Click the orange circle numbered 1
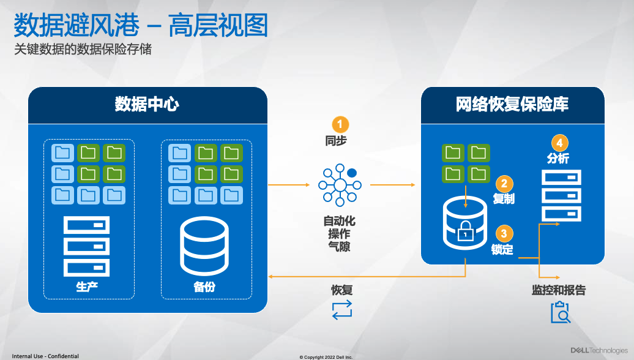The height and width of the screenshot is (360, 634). coord(340,124)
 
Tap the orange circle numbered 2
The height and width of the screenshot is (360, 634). coord(504,182)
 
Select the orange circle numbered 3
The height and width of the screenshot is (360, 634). coord(504,233)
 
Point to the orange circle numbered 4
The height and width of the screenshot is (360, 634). coord(558,143)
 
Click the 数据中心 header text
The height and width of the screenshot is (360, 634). coord(147,104)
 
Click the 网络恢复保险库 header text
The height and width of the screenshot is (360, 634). coord(512,104)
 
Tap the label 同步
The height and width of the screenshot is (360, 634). coord(336,141)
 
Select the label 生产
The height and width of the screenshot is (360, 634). coord(87,287)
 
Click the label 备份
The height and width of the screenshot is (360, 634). coord(204,287)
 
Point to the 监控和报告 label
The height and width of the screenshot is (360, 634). coord(558,290)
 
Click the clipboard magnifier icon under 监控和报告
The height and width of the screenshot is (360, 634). coord(560,312)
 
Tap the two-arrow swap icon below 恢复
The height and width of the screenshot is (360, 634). coord(342,309)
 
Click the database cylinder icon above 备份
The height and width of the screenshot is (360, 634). coord(204,246)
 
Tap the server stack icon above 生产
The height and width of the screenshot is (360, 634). coord(87,246)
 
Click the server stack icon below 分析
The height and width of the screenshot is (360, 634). coord(561,196)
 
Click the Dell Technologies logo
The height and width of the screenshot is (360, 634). coord(599,351)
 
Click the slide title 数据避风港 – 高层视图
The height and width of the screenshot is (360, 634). coord(141,26)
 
